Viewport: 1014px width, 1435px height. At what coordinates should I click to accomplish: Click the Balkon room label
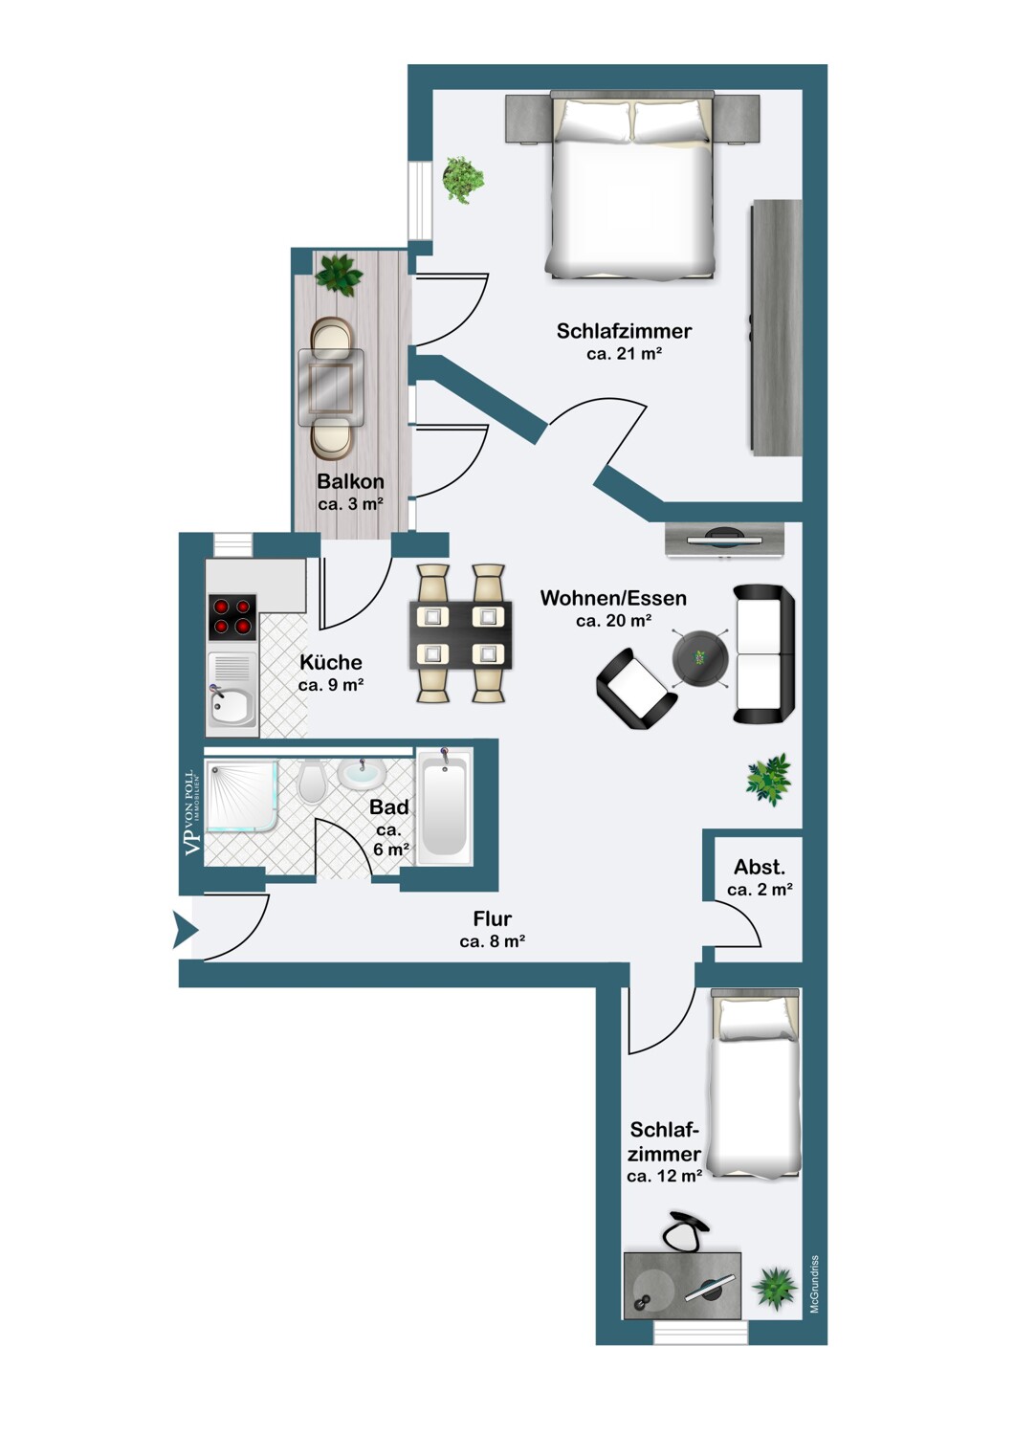350,481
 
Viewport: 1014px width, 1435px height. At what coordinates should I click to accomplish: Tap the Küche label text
331,662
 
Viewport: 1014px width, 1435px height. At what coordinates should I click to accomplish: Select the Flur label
493,918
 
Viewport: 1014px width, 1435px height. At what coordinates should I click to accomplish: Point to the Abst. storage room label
759,868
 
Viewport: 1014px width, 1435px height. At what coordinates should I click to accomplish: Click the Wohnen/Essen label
613,598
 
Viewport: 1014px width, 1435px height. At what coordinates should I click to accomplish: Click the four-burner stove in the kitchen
231,616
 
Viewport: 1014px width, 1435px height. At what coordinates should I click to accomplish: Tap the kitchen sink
231,695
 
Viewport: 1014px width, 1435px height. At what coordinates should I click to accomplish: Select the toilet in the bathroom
312,781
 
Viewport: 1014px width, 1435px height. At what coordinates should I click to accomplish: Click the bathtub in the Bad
443,806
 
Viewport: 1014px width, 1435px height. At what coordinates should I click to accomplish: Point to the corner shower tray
241,796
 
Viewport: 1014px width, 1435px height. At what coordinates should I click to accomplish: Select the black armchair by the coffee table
635,690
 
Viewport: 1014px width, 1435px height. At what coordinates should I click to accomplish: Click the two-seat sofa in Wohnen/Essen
763,654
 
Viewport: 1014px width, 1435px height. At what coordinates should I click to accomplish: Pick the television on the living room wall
724,537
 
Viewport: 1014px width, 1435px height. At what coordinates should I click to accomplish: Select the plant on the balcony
339,275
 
